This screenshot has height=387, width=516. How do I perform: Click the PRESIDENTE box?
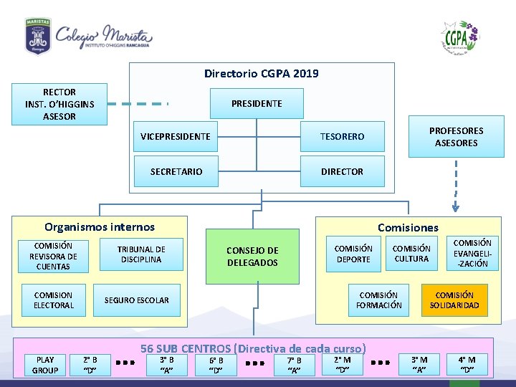[x=257, y=103]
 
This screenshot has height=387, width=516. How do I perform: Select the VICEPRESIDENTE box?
[x=176, y=136]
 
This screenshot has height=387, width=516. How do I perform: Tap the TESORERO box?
[x=342, y=136]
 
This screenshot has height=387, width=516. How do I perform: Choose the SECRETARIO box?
[x=176, y=171]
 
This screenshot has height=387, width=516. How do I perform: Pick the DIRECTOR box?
[x=342, y=171]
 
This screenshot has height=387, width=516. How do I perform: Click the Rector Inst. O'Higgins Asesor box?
[x=59, y=104]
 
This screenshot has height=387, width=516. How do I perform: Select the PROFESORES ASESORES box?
[x=456, y=136]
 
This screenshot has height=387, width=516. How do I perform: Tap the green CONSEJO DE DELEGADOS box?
[x=252, y=257]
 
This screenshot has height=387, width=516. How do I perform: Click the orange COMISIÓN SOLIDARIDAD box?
[x=454, y=300]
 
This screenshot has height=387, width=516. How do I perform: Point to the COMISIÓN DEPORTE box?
[x=353, y=254]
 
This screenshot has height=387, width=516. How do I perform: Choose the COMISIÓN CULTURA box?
[x=411, y=254]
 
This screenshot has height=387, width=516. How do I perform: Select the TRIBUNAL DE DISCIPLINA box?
[x=140, y=254]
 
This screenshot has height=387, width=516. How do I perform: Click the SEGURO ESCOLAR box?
[x=137, y=300]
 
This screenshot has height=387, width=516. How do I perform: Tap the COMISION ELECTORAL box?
[x=54, y=300]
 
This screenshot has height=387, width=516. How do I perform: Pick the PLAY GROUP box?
[x=45, y=365]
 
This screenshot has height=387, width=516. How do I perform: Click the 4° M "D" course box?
[x=467, y=365]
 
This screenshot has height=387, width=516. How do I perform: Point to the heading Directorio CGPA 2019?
[x=262, y=73]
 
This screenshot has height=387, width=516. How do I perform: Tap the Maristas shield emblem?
[x=37, y=36]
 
